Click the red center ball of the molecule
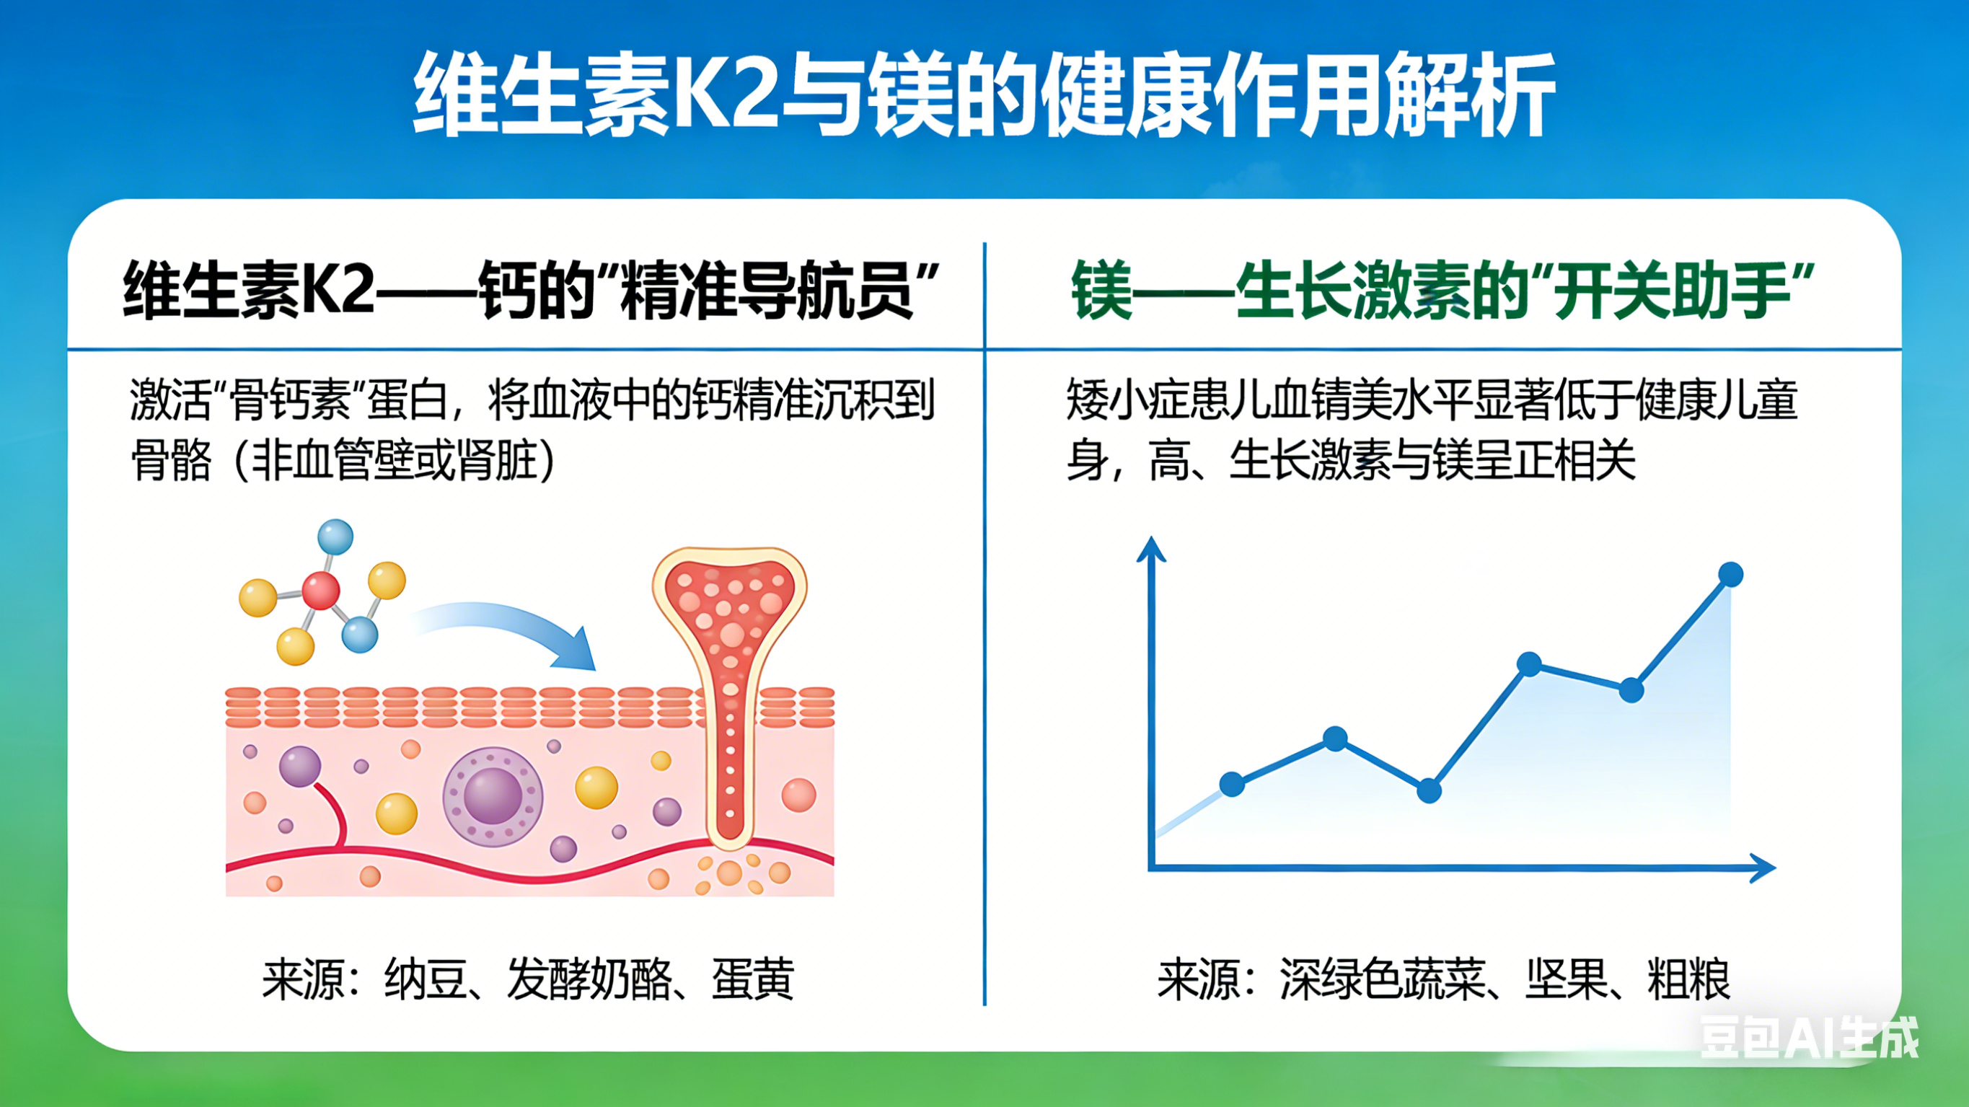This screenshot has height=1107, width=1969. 320,590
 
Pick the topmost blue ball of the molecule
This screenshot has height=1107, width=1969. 335,536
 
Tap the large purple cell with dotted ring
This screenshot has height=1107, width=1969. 493,797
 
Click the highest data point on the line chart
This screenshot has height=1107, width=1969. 1730,574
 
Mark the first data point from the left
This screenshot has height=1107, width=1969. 1232,784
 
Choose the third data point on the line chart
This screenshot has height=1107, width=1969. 1430,790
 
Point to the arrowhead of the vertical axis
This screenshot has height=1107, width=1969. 1151,549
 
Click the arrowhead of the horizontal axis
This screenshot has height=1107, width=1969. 1762,868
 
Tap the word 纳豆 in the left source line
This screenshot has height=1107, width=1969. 425,979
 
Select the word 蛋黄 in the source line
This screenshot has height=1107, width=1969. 753,979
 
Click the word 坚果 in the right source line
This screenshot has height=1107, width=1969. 1567,979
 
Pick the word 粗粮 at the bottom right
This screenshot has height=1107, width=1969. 1689,979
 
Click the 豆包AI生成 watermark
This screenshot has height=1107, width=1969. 1808,1038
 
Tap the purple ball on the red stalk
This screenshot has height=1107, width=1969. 299,766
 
